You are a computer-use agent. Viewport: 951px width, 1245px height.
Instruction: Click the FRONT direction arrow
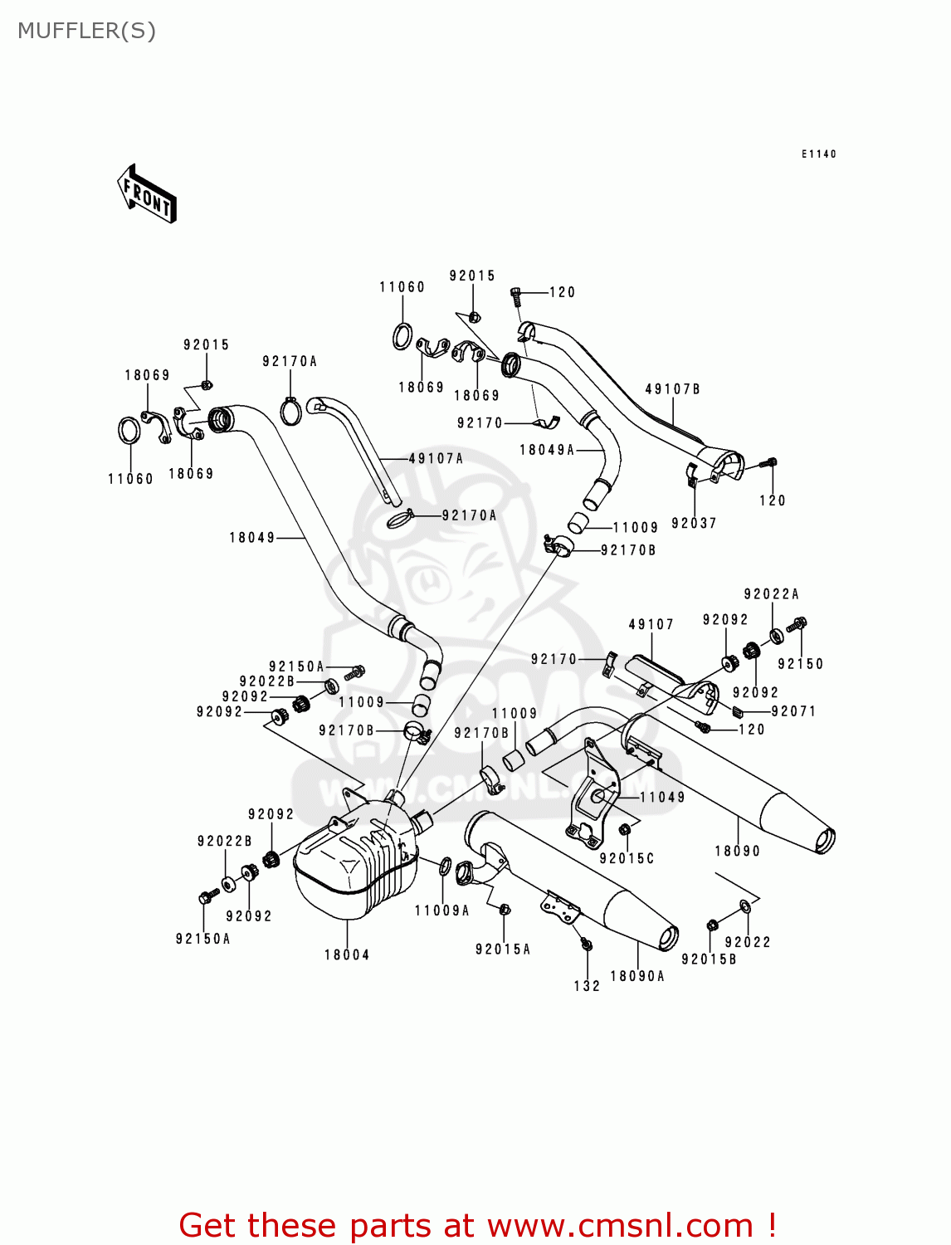(x=148, y=193)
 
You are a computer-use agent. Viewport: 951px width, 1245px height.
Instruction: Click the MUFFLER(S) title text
(x=86, y=31)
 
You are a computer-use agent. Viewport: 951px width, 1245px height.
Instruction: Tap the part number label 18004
(x=347, y=955)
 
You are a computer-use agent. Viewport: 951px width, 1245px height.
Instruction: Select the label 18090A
(x=637, y=977)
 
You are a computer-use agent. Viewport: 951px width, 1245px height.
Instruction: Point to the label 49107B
(x=673, y=389)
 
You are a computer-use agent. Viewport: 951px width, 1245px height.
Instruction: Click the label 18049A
(x=547, y=450)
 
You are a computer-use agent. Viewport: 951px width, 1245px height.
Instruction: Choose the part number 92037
(x=694, y=524)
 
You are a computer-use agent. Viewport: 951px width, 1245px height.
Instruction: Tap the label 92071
(x=793, y=711)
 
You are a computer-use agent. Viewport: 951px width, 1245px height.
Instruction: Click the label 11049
(x=662, y=798)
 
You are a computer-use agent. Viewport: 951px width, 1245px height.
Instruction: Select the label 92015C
(x=627, y=859)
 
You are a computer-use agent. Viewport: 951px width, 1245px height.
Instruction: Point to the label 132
(x=587, y=986)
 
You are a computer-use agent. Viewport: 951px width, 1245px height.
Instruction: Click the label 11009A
(x=442, y=911)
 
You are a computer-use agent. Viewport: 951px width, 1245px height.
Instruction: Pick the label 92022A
(x=772, y=594)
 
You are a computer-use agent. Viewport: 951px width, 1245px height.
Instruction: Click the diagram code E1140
(x=819, y=154)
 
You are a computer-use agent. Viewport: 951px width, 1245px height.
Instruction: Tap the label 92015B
(x=710, y=959)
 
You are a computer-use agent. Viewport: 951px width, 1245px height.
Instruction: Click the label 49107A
(x=436, y=459)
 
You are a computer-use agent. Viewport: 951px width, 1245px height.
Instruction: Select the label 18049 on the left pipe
(x=252, y=538)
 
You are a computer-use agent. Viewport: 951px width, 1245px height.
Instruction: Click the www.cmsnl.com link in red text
(x=620, y=1226)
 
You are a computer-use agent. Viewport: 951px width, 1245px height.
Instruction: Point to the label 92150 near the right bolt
(x=801, y=664)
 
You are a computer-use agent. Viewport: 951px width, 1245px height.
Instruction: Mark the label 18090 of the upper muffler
(x=738, y=852)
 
